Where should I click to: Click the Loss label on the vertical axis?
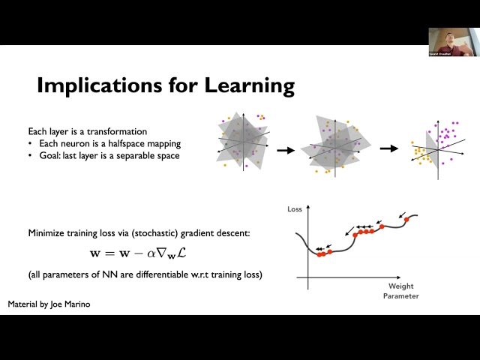tap(295, 209)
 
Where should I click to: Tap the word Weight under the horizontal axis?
tap(400, 286)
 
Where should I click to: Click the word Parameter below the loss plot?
tap(400, 295)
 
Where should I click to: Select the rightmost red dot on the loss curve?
tap(407, 220)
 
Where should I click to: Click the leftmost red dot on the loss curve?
tap(319, 254)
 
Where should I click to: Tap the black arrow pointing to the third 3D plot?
tap(388, 148)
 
